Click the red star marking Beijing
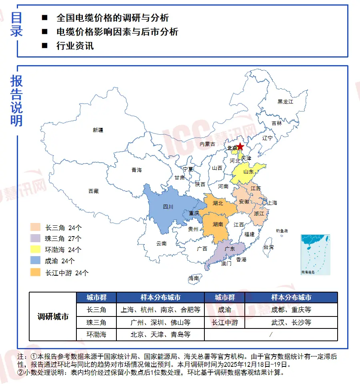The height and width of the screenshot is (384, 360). (x=240, y=147)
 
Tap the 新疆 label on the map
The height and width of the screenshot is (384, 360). (x=98, y=130)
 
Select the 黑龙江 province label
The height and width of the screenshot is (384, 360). (x=286, y=102)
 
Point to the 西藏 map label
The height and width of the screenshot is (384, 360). (x=93, y=191)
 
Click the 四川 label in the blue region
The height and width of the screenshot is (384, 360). (x=168, y=207)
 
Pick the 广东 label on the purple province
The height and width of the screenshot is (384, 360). (x=230, y=249)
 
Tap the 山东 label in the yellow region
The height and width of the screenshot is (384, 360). (x=248, y=172)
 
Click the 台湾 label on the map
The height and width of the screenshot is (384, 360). (x=268, y=247)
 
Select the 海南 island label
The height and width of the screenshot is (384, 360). (x=194, y=278)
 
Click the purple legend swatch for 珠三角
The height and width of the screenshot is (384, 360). (x=35, y=239)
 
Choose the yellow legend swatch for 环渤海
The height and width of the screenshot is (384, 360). (x=35, y=250)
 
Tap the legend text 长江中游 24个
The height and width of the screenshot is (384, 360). (x=67, y=273)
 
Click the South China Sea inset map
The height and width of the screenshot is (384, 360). (x=315, y=255)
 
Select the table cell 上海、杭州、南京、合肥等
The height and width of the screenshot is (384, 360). (x=160, y=310)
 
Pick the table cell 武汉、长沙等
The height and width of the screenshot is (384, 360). (x=291, y=322)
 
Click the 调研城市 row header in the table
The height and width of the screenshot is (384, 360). (x=53, y=316)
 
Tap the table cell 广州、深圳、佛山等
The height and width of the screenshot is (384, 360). (x=160, y=322)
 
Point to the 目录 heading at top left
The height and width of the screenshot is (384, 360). (x=16, y=24)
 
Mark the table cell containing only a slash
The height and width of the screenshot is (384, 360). (x=271, y=334)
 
